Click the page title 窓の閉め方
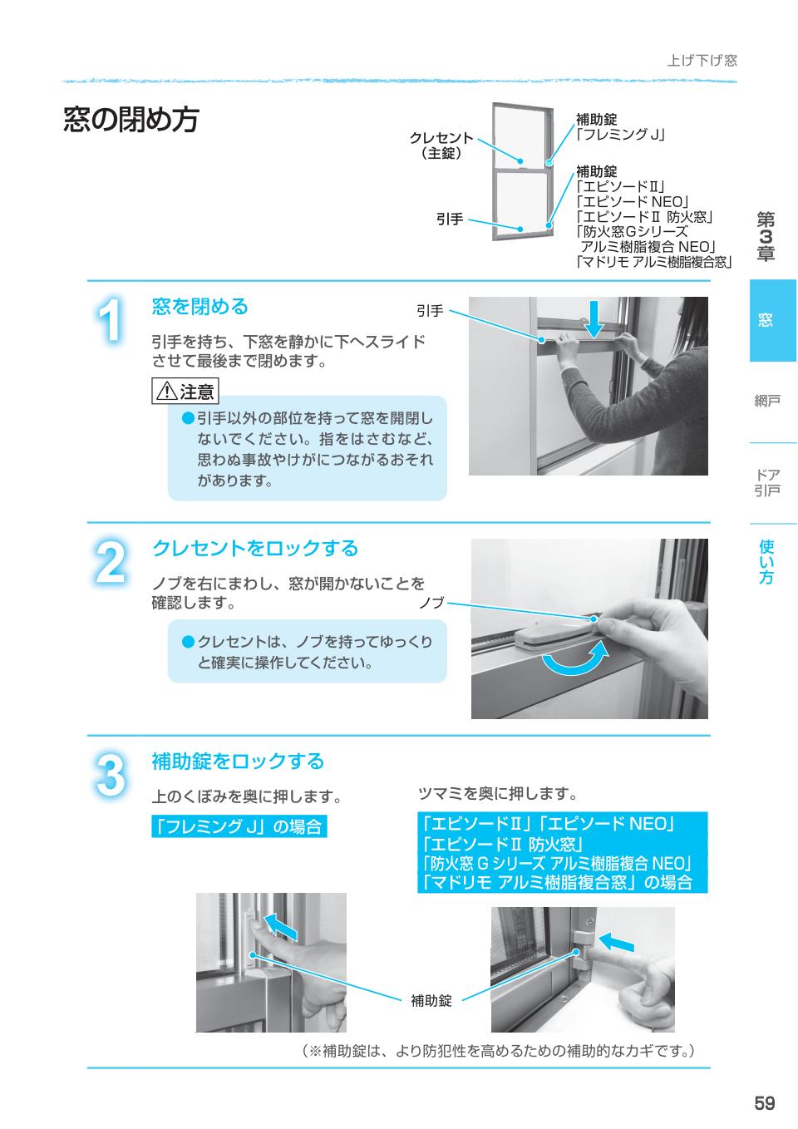tap(131, 120)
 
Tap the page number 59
tap(764, 1102)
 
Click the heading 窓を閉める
tap(199, 307)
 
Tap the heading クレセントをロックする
tap(254, 548)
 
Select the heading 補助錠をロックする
tap(238, 761)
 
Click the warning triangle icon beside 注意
tap(166, 391)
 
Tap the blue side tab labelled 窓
tap(772, 320)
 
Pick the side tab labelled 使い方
tap(766, 562)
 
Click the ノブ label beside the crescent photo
tap(431, 602)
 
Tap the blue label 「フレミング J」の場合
tap(239, 827)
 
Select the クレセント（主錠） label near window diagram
tap(441, 145)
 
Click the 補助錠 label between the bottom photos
tap(431, 1001)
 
